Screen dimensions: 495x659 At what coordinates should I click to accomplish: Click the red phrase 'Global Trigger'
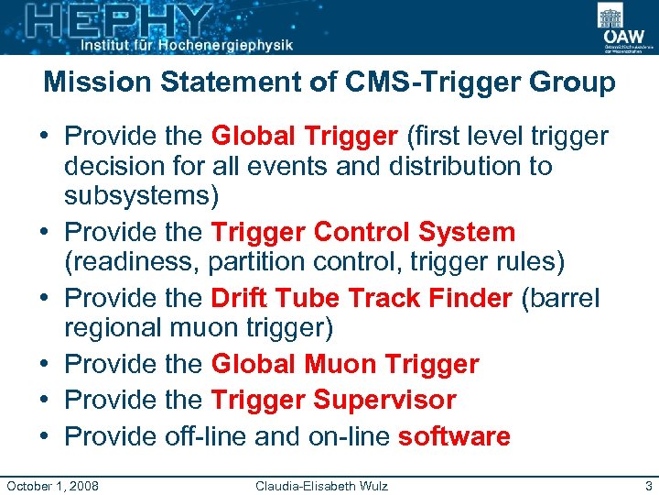click(x=304, y=137)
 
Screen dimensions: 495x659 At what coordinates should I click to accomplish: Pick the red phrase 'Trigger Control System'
click(x=363, y=232)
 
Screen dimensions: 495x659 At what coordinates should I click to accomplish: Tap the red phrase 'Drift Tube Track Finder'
click(x=361, y=298)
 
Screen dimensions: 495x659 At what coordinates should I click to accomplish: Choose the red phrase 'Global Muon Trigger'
click(x=345, y=364)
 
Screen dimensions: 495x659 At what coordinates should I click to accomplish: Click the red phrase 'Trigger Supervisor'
click(x=333, y=400)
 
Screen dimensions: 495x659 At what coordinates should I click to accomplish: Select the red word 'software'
click(x=454, y=435)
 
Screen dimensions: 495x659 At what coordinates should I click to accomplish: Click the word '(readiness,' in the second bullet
click(x=132, y=262)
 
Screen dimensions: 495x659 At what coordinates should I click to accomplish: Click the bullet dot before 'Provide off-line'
click(x=47, y=436)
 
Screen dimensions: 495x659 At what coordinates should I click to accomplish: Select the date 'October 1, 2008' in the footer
click(x=53, y=484)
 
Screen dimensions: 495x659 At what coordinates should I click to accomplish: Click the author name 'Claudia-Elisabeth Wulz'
click(x=321, y=484)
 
